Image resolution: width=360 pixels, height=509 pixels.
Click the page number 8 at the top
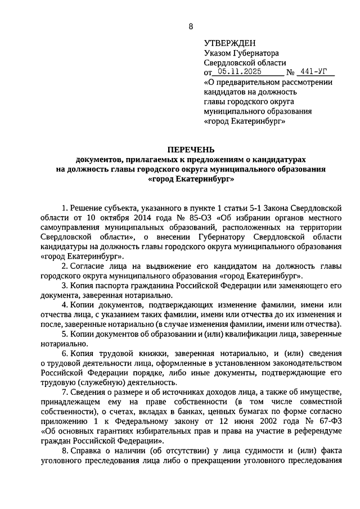pos(191,26)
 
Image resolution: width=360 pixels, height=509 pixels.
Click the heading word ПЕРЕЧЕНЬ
pos(191,149)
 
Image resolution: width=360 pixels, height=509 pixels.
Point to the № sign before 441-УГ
pos(291,73)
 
